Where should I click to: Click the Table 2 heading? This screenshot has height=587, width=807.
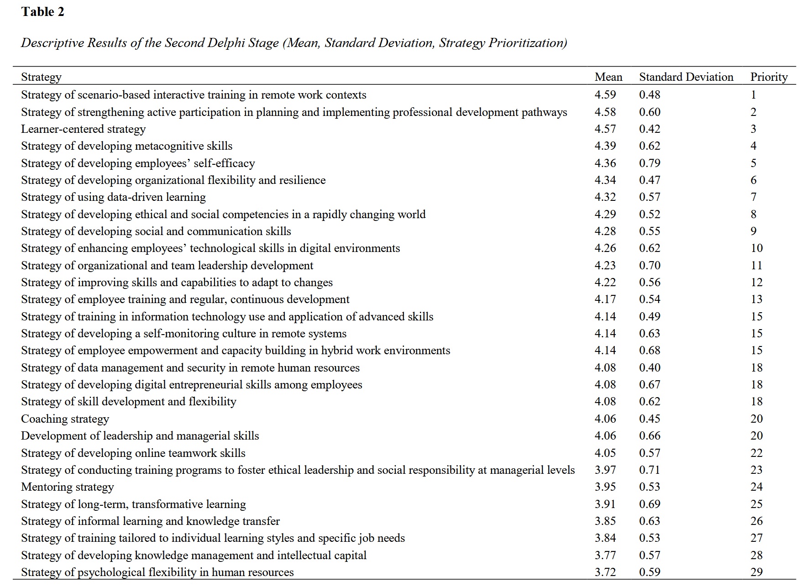(x=42, y=12)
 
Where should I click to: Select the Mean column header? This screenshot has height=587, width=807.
(x=608, y=77)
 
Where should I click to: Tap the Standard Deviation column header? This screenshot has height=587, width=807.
(x=686, y=77)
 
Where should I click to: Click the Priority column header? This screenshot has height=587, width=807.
(x=769, y=77)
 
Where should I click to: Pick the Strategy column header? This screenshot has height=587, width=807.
(x=41, y=77)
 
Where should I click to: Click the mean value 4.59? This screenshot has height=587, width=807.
(x=605, y=95)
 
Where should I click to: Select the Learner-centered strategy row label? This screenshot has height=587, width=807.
(x=83, y=129)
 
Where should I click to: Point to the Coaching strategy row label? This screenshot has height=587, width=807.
(x=65, y=419)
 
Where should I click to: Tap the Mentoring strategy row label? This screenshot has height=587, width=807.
(x=67, y=487)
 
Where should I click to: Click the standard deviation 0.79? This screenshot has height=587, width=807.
(x=650, y=163)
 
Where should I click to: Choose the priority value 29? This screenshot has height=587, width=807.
(x=756, y=572)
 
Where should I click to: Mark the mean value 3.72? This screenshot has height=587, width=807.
(x=605, y=572)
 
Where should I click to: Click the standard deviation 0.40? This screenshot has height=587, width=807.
(x=650, y=368)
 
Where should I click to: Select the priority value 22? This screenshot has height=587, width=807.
(x=756, y=453)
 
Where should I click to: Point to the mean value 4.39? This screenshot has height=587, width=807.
(x=605, y=146)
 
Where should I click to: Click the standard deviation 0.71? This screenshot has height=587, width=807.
(x=650, y=470)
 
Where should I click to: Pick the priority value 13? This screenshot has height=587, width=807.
(x=756, y=299)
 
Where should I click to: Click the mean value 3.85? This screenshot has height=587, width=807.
(x=605, y=521)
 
